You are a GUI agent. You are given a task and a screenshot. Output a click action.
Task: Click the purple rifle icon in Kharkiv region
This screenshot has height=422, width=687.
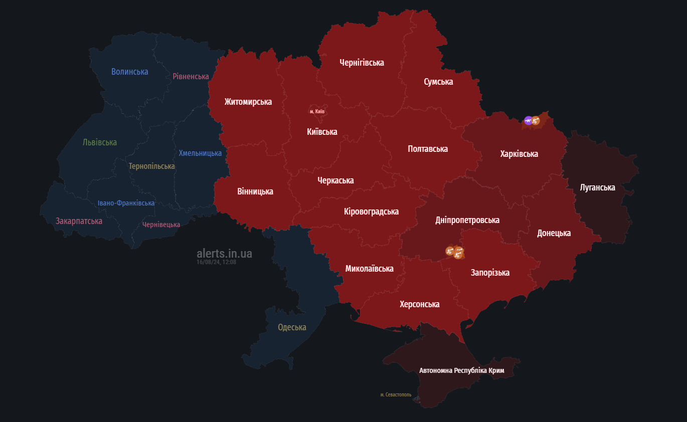pos(528,120)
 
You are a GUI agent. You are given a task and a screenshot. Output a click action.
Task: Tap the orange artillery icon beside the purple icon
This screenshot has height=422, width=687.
pos(536,121)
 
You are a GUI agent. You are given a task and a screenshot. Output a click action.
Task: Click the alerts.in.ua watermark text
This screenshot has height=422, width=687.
pos(224,254)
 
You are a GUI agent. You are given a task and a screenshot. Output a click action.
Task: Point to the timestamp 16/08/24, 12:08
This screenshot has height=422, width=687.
pos(216,262)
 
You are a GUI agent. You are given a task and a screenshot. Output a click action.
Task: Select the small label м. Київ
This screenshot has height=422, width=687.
pos(317,111)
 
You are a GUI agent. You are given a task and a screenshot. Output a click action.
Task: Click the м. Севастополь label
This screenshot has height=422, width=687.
pos(396,395)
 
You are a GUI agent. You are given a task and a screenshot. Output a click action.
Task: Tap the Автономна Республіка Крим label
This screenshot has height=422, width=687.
pos(461,371)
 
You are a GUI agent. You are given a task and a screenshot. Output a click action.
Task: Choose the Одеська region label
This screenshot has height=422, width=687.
pos(292,327)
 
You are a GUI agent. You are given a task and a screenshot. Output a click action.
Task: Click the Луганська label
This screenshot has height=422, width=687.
pos(597,187)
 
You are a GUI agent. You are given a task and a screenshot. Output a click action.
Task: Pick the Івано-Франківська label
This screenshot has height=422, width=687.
pos(126,203)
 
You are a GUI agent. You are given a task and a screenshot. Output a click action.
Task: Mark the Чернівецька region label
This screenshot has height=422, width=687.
pos(161,225)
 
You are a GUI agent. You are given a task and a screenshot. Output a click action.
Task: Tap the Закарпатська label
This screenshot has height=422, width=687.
pos(79,221)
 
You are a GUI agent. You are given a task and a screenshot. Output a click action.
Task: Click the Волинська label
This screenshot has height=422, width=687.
pos(130,72)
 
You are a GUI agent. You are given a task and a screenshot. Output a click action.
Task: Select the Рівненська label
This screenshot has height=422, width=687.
pos(191,76)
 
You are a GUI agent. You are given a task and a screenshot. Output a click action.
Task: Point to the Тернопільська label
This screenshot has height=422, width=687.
pos(151,166)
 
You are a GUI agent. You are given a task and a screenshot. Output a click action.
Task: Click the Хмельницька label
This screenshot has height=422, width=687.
pos(200,153)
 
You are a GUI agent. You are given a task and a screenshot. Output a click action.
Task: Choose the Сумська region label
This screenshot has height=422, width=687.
pos(438,82)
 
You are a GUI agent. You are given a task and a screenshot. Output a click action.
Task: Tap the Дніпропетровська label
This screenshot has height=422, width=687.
pos(467,220)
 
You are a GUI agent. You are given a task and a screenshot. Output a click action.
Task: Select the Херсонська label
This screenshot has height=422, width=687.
pos(420,304)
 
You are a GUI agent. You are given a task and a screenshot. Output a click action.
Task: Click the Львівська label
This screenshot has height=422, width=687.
pos(100,142)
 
